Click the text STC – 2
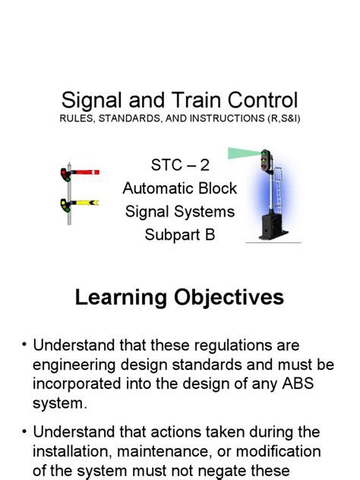(180, 166)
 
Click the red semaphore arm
(85, 174)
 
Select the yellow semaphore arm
(85, 203)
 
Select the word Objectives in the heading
(229, 297)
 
